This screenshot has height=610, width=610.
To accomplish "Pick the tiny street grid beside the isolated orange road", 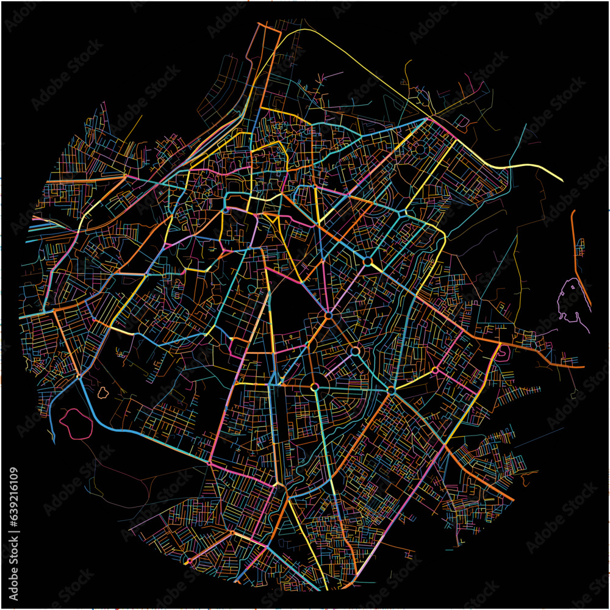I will point(580,246).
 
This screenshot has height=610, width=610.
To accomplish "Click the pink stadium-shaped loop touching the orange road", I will point(504,353).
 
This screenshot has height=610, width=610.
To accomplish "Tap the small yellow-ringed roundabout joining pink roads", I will point(435,370).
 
